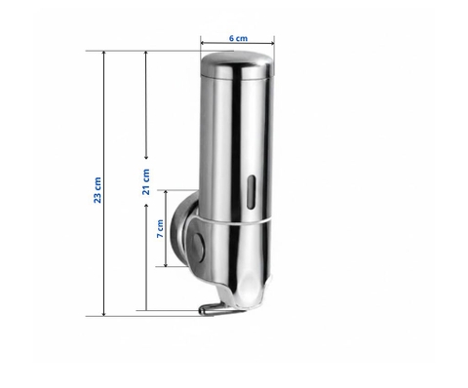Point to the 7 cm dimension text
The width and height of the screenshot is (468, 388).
point(161,230)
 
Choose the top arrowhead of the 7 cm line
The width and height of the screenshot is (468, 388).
point(164,193)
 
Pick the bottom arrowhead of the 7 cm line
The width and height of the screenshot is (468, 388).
point(164,263)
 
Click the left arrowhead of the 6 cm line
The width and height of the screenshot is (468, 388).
point(203,43)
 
